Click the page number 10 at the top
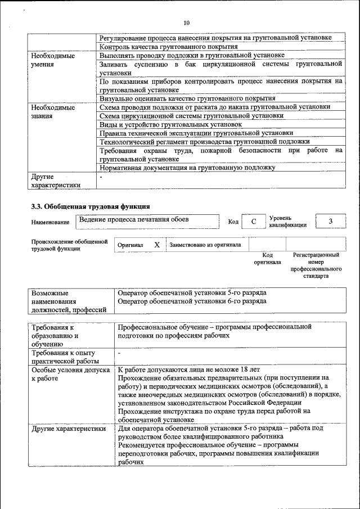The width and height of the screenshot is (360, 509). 186,22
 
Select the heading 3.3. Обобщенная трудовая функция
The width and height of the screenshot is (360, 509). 90,206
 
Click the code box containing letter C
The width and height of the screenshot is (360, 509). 254,222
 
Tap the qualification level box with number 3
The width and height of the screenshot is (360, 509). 330,222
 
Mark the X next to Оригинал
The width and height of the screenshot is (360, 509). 157,245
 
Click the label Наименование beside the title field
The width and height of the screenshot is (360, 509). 50,223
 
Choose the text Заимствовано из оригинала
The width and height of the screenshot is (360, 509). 205,245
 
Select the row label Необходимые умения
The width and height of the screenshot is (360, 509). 53,60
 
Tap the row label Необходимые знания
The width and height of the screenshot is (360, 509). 53,111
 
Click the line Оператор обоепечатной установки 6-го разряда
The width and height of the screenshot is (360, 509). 192,301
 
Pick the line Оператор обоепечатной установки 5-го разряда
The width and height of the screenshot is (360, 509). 192,293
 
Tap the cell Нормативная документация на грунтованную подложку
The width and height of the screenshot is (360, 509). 187,168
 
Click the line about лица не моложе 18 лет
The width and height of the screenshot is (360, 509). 189,370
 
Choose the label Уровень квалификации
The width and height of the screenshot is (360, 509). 287,222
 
